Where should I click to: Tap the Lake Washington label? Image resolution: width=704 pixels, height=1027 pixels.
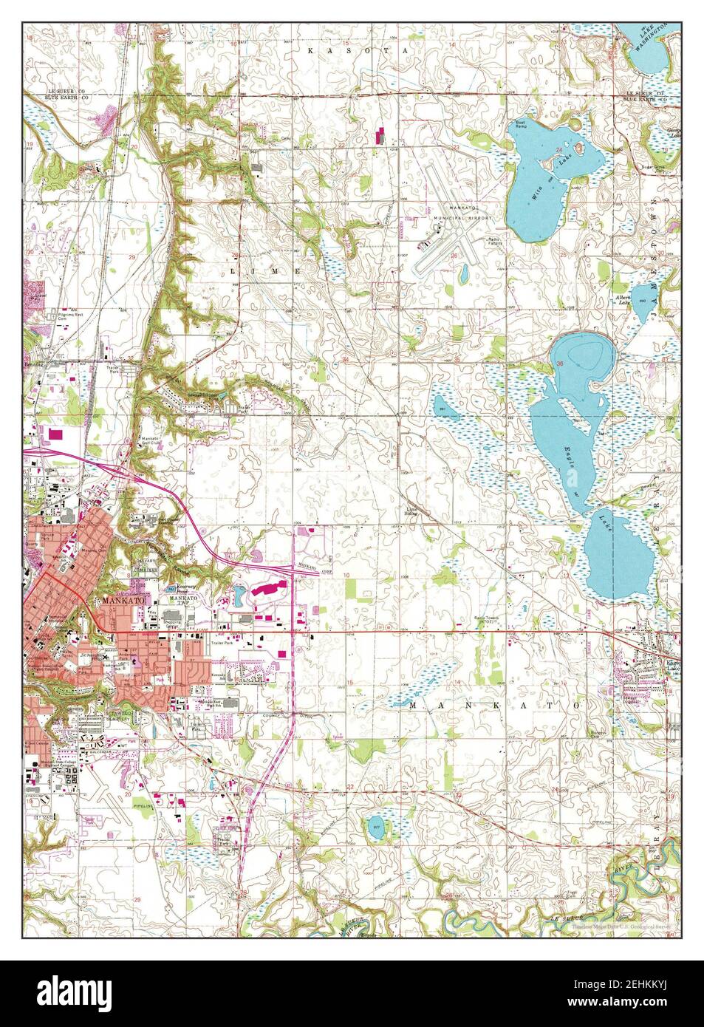click(650, 37)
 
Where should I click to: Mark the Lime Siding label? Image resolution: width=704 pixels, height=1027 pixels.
click(411, 512)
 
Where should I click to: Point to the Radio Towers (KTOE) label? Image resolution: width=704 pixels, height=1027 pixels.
click(490, 621)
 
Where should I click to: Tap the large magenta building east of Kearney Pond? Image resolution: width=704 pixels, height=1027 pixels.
click(272, 589)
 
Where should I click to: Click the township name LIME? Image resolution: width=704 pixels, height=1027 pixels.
click(264, 272)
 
